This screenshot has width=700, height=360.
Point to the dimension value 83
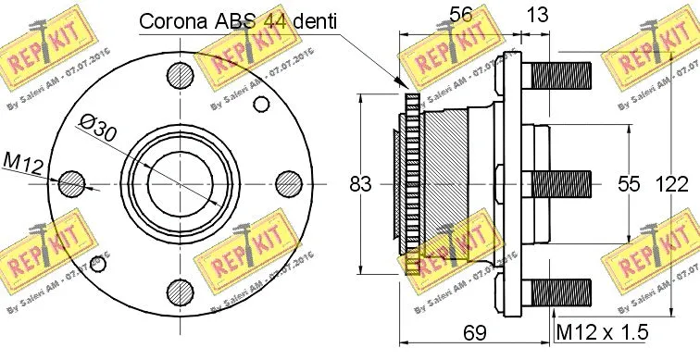pos(360,184)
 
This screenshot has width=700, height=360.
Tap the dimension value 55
pos(629,184)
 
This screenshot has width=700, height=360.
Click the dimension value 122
pos(673,184)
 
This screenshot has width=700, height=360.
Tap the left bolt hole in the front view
pos(69,184)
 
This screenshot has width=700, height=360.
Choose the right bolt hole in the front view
pos(290,183)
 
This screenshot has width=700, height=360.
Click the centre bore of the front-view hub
pos(180,183)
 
